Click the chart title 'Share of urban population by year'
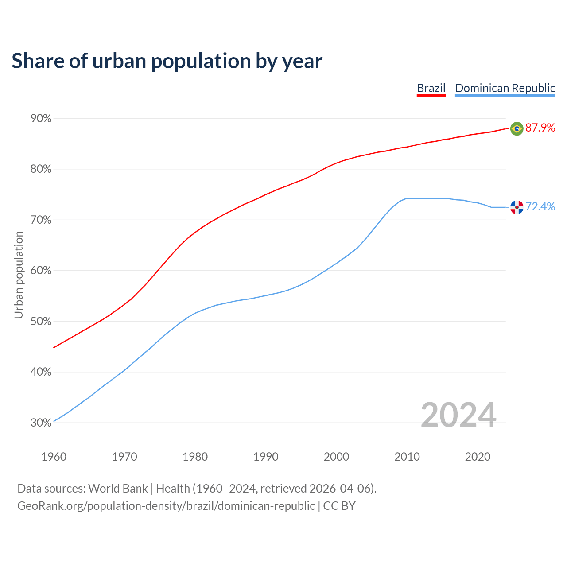pyautogui.click(x=167, y=61)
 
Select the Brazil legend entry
pyautogui.click(x=431, y=88)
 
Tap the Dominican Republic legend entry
pyautogui.click(x=505, y=88)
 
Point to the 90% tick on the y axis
pyautogui.click(x=41, y=119)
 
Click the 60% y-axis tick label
pyautogui.click(x=41, y=271)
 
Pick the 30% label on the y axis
pyautogui.click(x=41, y=423)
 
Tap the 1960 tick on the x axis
pyautogui.click(x=54, y=457)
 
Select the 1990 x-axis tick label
pyautogui.click(x=266, y=457)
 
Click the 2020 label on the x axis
pyautogui.click(x=478, y=457)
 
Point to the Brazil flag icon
pyautogui.click(x=517, y=128)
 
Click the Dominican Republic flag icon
pyautogui.click(x=517, y=207)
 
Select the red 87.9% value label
pyautogui.click(x=540, y=128)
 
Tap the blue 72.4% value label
pyautogui.click(x=540, y=207)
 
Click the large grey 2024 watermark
pyautogui.click(x=458, y=415)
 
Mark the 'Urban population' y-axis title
pyautogui.click(x=19, y=275)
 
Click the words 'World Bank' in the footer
pyautogui.click(x=118, y=489)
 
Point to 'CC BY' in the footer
pyautogui.click(x=339, y=506)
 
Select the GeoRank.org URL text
pyautogui.click(x=166, y=506)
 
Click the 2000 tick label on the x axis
pyautogui.click(x=336, y=457)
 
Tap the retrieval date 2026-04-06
pyautogui.click(x=339, y=489)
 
